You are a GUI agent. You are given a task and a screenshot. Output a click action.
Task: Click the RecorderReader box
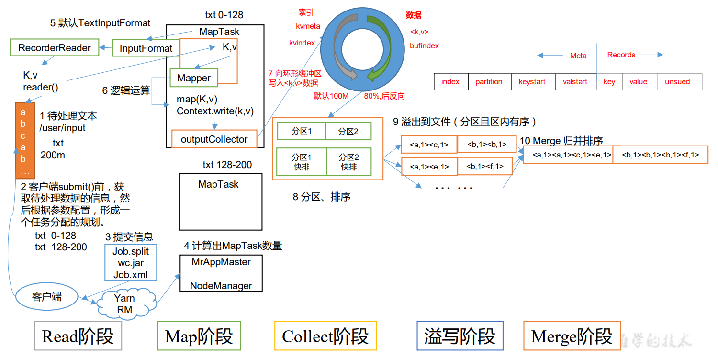55,48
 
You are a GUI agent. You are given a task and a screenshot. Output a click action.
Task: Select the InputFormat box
146,48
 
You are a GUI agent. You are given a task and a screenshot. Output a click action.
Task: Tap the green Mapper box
194,78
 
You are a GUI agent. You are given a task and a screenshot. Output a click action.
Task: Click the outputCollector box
214,139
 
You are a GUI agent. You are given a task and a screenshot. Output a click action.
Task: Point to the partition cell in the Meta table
489,82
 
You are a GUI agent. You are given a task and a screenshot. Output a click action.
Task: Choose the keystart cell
532,82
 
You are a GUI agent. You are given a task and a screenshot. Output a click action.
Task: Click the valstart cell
575,82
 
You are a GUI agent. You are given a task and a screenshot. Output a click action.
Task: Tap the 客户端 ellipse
47,297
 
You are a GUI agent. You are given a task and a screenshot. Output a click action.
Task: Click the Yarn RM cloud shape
125,304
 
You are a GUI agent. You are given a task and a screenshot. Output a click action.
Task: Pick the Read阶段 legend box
78,336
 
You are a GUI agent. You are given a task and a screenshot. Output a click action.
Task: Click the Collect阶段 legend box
325,336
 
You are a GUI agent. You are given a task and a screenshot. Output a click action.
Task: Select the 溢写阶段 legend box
460,336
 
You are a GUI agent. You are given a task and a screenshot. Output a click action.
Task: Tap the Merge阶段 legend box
572,336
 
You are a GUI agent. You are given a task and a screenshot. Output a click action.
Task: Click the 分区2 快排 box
349,162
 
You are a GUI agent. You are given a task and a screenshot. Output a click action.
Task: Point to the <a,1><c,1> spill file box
429,144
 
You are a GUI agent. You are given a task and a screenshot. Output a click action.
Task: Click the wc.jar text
131,263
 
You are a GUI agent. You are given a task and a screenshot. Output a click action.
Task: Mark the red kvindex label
302,43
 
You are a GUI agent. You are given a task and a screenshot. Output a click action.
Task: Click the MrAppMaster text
221,262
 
